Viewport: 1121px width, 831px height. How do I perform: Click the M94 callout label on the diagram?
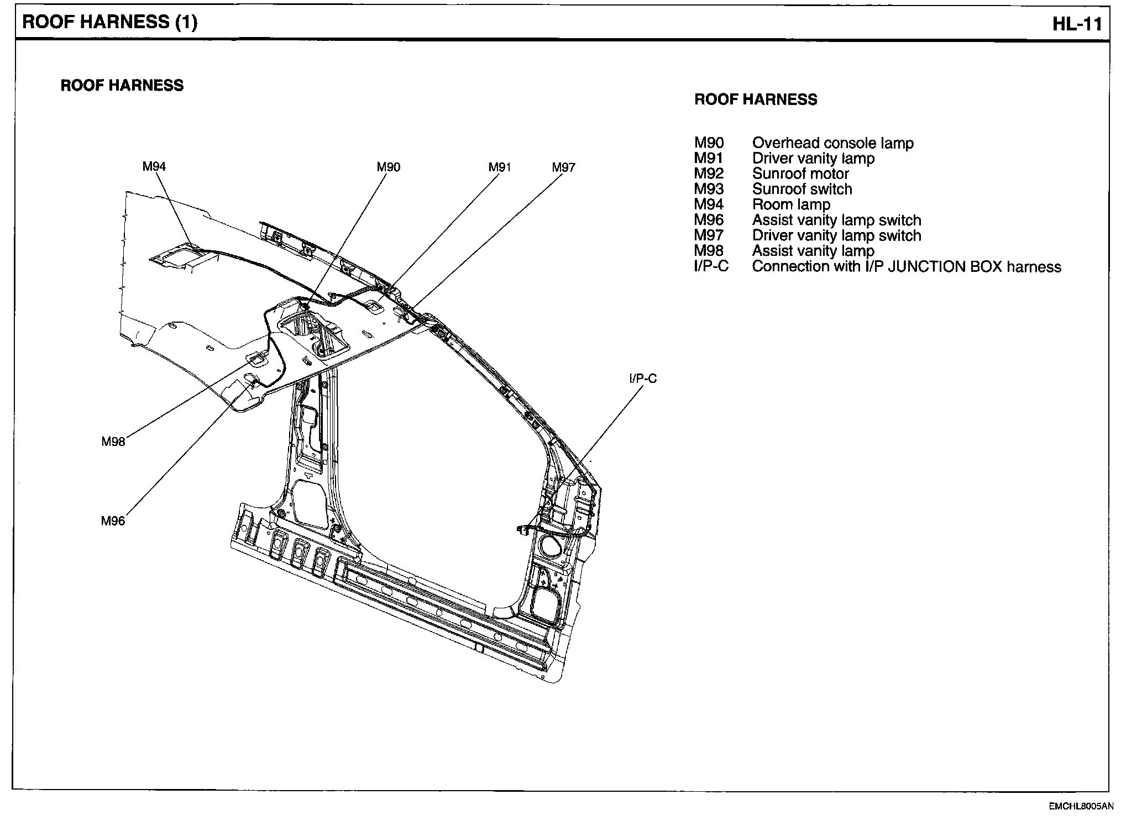(154, 166)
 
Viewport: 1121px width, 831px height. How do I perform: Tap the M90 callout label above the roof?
(389, 167)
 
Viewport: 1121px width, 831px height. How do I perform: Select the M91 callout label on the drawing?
(500, 167)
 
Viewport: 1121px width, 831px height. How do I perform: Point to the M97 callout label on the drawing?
(563, 167)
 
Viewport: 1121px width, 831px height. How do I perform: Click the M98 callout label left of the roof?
(113, 441)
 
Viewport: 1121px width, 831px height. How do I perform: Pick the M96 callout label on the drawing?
(113, 520)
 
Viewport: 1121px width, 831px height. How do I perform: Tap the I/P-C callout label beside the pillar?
(643, 378)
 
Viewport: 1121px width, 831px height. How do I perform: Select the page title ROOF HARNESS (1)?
(109, 22)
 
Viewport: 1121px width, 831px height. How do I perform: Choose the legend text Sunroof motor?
(800, 174)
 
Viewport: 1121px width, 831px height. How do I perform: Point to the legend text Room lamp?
(791, 205)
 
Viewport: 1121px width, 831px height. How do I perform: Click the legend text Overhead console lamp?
(832, 143)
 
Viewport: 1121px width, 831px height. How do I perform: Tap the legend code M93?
(709, 190)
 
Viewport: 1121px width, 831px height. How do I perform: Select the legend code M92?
(709, 174)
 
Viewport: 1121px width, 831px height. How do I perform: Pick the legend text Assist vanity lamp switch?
(836, 220)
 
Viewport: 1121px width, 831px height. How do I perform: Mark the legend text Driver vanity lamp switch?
(836, 236)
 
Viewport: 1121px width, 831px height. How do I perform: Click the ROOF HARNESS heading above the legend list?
(756, 99)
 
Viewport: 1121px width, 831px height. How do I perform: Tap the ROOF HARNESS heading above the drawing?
(122, 85)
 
